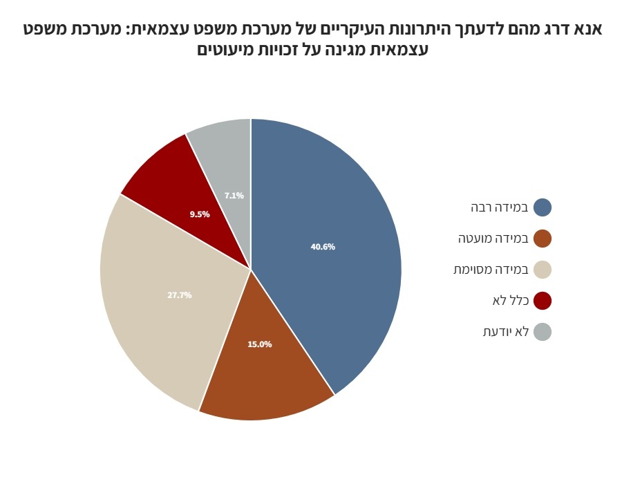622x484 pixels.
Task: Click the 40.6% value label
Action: click(x=323, y=247)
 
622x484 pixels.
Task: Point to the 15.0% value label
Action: click(x=260, y=344)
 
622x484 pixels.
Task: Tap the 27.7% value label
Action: click(x=180, y=295)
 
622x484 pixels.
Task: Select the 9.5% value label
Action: click(x=200, y=214)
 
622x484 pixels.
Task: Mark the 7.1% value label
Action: click(x=234, y=196)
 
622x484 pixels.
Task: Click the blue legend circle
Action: click(x=543, y=207)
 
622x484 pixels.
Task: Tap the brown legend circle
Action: click(x=543, y=239)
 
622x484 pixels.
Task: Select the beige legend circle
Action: click(x=543, y=270)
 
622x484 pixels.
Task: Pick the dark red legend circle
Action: click(x=543, y=301)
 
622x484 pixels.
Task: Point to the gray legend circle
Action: click(x=543, y=332)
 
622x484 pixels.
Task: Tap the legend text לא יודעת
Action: click(x=506, y=332)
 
